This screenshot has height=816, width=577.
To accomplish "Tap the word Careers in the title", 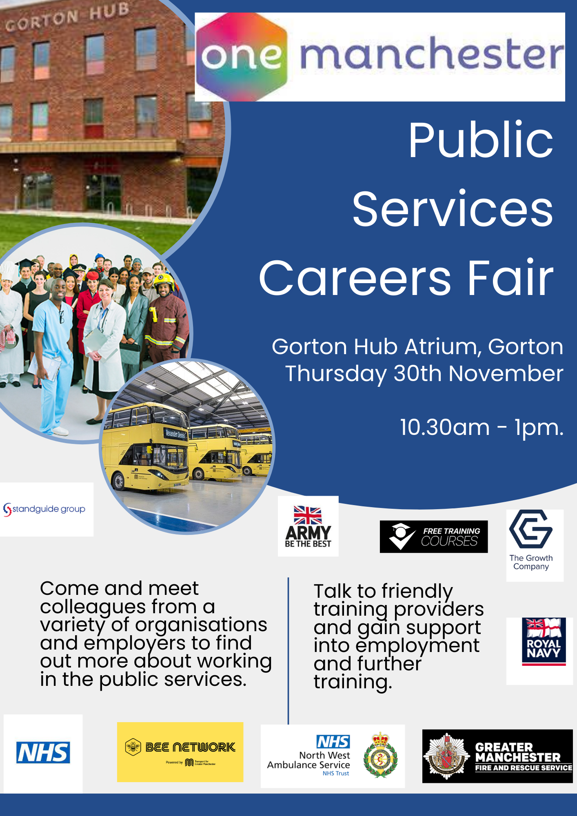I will pyautogui.click(x=355, y=278).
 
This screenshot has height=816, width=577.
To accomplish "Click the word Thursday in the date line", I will pyautogui.click(x=335, y=374).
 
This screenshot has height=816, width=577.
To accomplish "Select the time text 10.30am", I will pyautogui.click(x=444, y=428).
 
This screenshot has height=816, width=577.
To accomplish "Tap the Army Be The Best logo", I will pyautogui.click(x=308, y=526).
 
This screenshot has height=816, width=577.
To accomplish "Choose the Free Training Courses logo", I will pyautogui.click(x=433, y=537).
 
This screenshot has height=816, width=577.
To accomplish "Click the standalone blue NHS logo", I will pyautogui.click(x=43, y=752).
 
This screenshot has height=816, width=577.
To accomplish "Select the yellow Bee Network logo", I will pyautogui.click(x=180, y=752).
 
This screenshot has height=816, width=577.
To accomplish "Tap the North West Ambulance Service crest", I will pyautogui.click(x=380, y=756).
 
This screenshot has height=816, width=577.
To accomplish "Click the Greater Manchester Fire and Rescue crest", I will pyautogui.click(x=447, y=756).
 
